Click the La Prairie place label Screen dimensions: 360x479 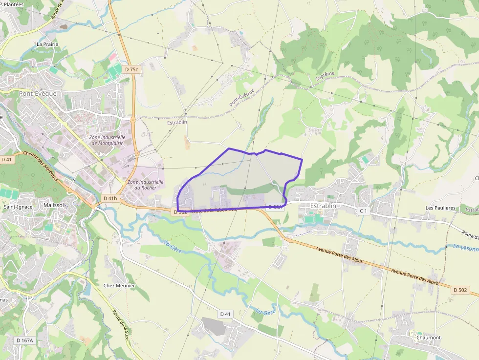click(x=47, y=44)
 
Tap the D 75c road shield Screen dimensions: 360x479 click(x=131, y=69)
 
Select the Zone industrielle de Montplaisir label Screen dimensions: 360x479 click(x=108, y=140)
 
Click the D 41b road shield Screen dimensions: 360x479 click(x=110, y=198)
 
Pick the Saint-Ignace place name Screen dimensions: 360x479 click(x=18, y=207)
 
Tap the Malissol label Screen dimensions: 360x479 click(x=54, y=206)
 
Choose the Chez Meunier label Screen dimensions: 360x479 click(x=119, y=286)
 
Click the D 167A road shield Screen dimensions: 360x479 click(x=24, y=340)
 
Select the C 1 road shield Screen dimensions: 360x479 click(x=363, y=211)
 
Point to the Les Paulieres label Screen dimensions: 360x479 click(x=440, y=208)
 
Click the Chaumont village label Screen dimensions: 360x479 click(x=428, y=338)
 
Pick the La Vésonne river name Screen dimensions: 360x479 click(x=465, y=248)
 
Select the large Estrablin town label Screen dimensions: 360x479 click(x=323, y=206)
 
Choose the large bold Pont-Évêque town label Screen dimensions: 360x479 click(x=38, y=93)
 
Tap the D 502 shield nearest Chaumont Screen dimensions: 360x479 click(x=460, y=290)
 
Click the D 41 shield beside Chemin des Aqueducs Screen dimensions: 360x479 click(x=6, y=159)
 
